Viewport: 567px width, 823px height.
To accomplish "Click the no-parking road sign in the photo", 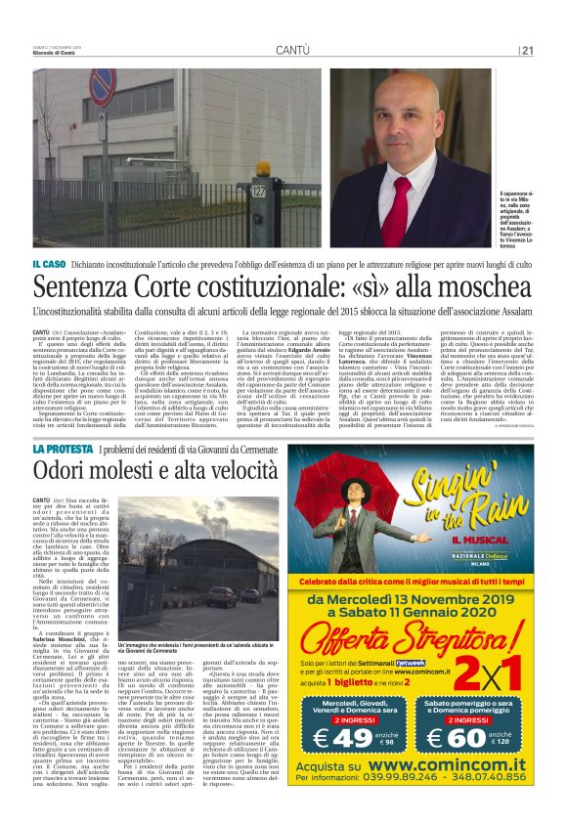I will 102,86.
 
